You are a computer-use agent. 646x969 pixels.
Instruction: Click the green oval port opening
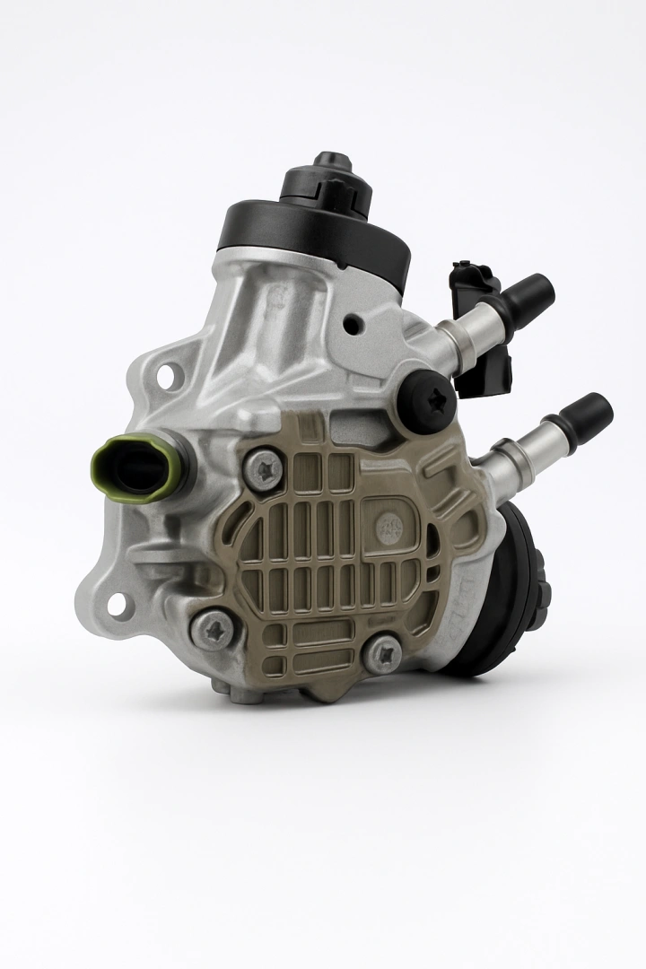(137, 463)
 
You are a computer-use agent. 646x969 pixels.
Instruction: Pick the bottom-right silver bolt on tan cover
(383, 655)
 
